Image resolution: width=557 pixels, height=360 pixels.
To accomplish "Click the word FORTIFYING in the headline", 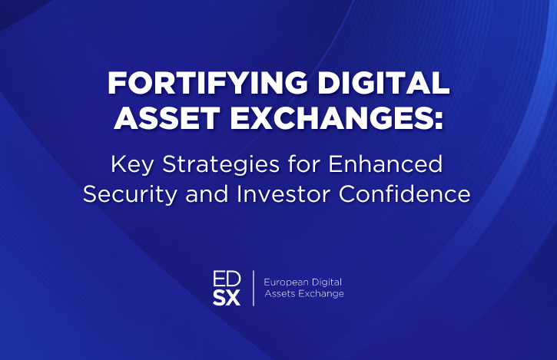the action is point(207,83).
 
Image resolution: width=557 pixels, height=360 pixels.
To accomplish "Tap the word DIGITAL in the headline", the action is point(383,83).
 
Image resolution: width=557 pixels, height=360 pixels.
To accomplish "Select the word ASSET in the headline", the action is point(167,118).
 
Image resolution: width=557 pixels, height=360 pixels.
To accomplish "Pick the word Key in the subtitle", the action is point(132,164).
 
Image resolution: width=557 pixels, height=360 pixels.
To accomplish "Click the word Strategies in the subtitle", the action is point(221,164).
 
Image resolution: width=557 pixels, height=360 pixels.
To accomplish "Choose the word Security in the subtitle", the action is point(130,194).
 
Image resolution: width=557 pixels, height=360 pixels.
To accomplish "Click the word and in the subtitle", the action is point(207,194).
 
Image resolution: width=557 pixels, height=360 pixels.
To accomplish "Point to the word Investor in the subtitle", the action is point(283,194).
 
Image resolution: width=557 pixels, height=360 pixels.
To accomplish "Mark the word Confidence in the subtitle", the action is point(405,194).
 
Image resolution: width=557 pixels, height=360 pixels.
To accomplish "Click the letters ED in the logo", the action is point(227,279).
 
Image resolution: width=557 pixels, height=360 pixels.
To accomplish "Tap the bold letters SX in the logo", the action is point(227,298).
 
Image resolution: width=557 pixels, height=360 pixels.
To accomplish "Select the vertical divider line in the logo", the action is point(254,288).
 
